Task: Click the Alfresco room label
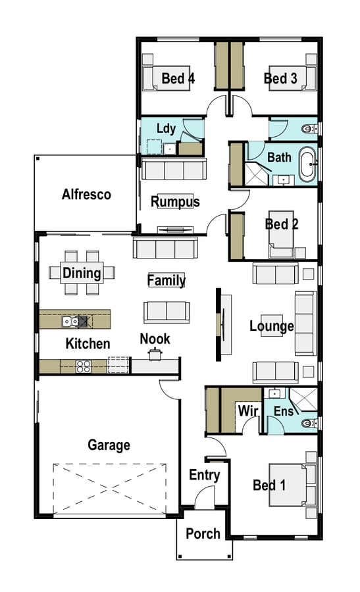(x=86, y=195)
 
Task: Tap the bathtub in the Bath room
(x=307, y=165)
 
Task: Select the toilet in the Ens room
(x=310, y=423)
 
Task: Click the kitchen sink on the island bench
(x=70, y=321)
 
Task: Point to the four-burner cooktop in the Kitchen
(x=84, y=366)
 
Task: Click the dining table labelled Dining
(x=82, y=272)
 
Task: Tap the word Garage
(x=109, y=445)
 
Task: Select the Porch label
(x=203, y=534)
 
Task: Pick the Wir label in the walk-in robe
(x=248, y=410)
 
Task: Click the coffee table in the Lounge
(x=272, y=326)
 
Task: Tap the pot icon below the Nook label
(x=155, y=354)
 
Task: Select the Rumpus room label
(x=175, y=202)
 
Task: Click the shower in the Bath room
(x=257, y=174)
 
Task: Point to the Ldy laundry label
(x=167, y=128)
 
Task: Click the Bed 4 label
(x=178, y=78)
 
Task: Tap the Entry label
(x=205, y=475)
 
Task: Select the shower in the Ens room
(x=303, y=400)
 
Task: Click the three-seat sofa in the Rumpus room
(x=174, y=169)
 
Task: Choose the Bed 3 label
(x=280, y=78)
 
